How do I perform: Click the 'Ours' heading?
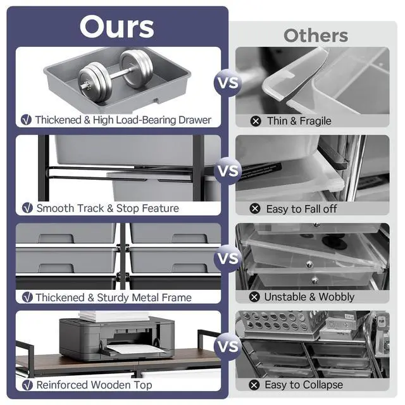coord(116,27)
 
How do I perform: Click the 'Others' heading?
coord(316,35)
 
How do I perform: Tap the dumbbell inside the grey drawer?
coord(115,76)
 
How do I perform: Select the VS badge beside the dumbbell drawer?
coord(228,83)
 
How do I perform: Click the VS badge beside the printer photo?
coord(228,346)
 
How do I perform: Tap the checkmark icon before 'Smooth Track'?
coord(27,208)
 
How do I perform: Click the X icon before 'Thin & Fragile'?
coord(256,121)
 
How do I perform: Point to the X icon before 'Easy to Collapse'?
coord(254,385)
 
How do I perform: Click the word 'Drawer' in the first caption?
coord(195,120)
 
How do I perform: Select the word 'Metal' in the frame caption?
coord(146,297)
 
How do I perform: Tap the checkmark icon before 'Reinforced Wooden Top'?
coord(27,385)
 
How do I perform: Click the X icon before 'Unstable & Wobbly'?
coord(254,297)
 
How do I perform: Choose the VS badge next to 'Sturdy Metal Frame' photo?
coord(228,259)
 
